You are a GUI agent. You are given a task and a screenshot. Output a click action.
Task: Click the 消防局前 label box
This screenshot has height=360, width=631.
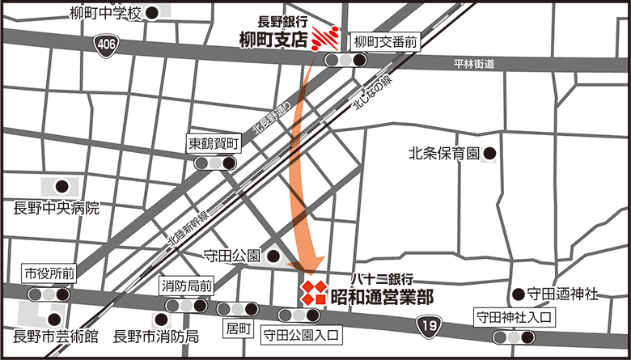coord(187,286)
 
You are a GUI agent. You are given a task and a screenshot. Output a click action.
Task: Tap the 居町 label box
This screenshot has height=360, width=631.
coord(240,328)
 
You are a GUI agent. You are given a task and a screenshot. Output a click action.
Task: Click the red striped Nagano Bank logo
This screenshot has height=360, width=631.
coord(325,37)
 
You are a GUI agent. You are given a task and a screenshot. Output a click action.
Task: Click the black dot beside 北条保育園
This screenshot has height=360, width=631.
coord(489,151)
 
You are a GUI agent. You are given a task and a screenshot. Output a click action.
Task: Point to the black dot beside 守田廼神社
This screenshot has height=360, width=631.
coord(518,294)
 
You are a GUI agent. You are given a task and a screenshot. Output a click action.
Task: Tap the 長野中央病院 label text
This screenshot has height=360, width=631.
coord(56,208)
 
